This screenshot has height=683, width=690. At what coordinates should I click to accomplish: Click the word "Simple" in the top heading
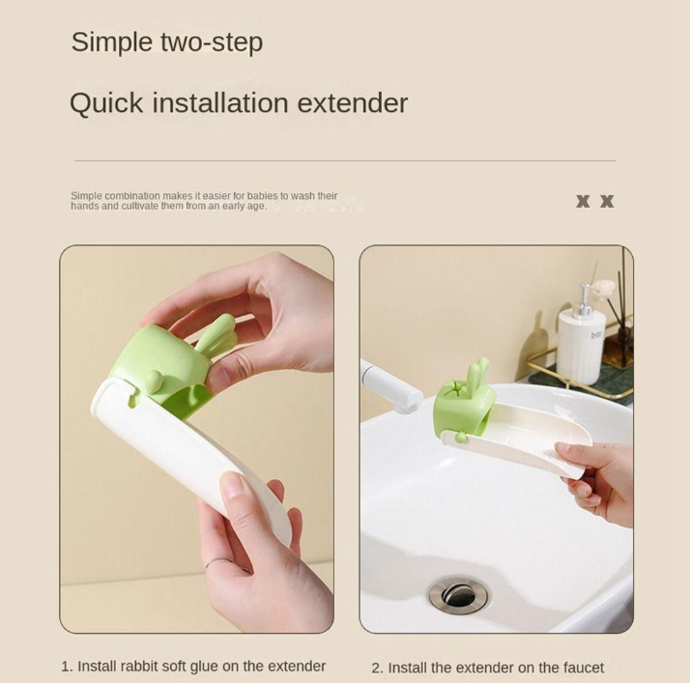pyautogui.click(x=112, y=43)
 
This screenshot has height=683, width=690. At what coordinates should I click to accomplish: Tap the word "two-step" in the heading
pyautogui.click(x=212, y=43)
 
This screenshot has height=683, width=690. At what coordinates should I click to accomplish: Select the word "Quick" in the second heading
pyautogui.click(x=106, y=103)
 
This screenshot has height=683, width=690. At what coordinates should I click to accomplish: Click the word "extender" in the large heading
pyautogui.click(x=353, y=103)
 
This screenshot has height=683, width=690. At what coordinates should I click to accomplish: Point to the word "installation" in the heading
pyautogui.click(x=220, y=103)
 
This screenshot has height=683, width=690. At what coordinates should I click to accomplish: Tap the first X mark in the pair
pyautogui.click(x=583, y=202)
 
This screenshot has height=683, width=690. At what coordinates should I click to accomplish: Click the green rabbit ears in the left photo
pyautogui.click(x=216, y=333)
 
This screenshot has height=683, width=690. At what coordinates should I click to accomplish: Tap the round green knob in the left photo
pyautogui.click(x=153, y=381)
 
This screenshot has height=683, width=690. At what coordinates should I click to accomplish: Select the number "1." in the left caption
pyautogui.click(x=67, y=667)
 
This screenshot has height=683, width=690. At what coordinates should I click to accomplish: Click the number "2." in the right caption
pyautogui.click(x=378, y=669)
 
